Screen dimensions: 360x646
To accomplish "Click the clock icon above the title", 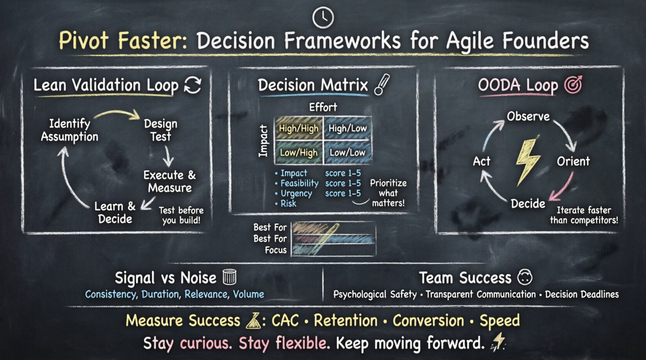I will pyautogui.click(x=323, y=17).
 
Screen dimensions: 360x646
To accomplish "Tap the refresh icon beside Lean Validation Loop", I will pyautogui.click(x=193, y=85).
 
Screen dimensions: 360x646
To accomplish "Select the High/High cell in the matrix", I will pyautogui.click(x=299, y=128).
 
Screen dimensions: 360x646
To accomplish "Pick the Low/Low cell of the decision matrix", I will pyautogui.click(x=347, y=152).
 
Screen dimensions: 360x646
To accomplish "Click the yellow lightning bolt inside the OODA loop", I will pyautogui.click(x=528, y=160).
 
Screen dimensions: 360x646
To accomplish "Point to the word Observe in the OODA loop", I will pyautogui.click(x=528, y=116).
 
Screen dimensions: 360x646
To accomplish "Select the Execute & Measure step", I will pyautogui.click(x=169, y=181).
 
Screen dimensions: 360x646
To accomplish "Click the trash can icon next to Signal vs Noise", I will pyautogui.click(x=229, y=277).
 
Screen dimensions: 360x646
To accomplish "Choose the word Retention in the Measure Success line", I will pyautogui.click(x=346, y=321).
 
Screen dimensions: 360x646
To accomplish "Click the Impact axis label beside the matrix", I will pyautogui.click(x=264, y=141).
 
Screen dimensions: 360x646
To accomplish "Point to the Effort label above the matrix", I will pyautogui.click(x=323, y=107).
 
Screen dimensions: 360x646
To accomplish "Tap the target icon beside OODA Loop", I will pyautogui.click(x=573, y=85).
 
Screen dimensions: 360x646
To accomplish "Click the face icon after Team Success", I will pyautogui.click(x=525, y=277).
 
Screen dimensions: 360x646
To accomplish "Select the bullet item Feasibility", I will pyautogui.click(x=299, y=183).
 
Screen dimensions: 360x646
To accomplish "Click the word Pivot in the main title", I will pyautogui.click(x=83, y=40).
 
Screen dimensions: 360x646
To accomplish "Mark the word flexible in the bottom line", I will pyautogui.click(x=301, y=343).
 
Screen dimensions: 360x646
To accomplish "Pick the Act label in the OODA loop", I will pyautogui.click(x=481, y=161).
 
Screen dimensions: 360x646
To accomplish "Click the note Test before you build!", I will pyautogui.click(x=181, y=215).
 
